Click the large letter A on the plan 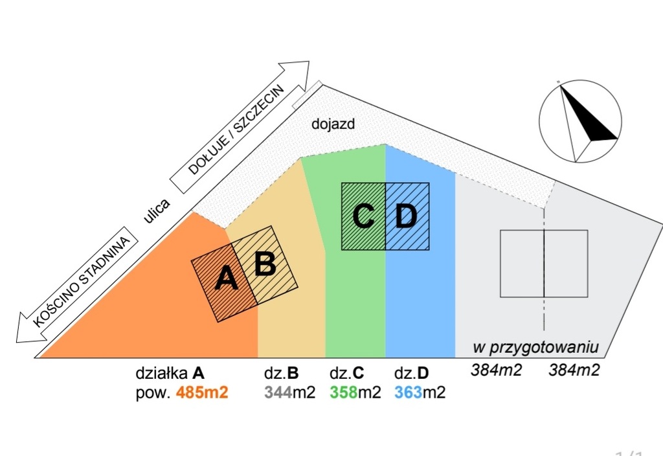(226, 279)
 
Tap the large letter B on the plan (265, 263)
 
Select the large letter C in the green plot (364, 216)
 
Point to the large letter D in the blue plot (406, 216)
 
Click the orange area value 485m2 (202, 393)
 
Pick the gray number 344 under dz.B (277, 393)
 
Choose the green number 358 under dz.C (343, 393)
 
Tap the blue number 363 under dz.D (408, 393)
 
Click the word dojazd (333, 124)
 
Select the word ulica (157, 211)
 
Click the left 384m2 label (495, 370)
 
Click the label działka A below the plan (170, 374)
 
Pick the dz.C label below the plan (347, 374)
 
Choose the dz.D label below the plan (411, 374)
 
